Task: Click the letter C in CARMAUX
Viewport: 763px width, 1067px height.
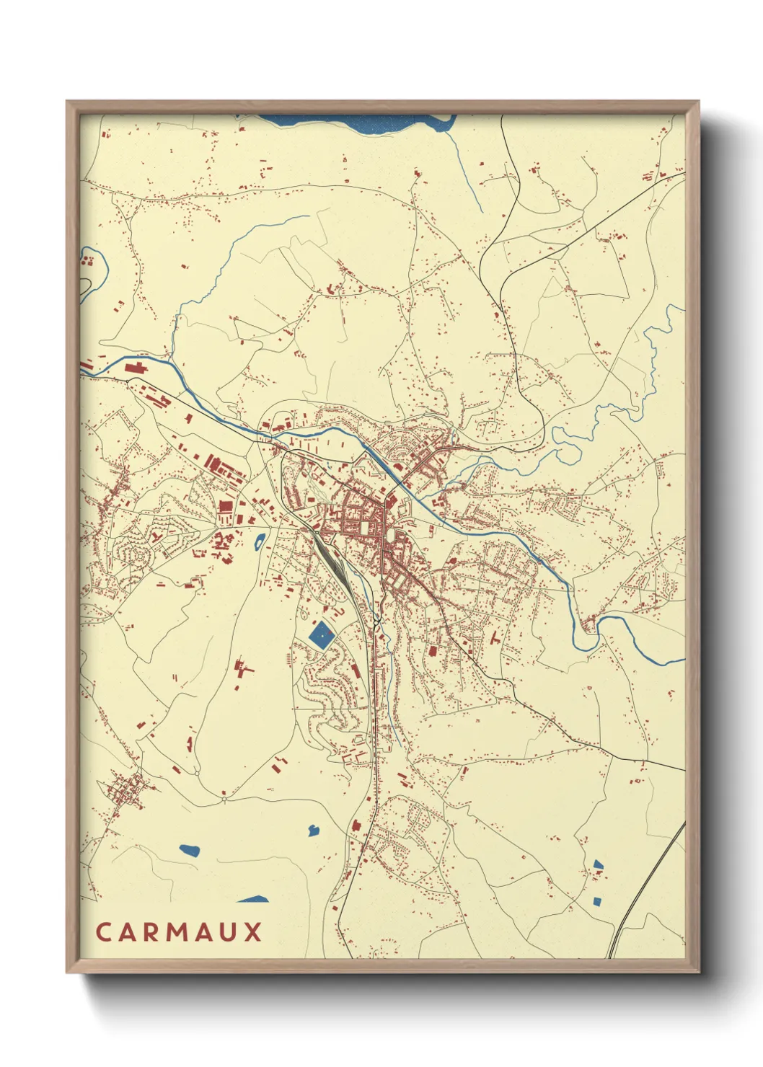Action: tap(102, 931)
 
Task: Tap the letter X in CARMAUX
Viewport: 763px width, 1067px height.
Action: tap(253, 931)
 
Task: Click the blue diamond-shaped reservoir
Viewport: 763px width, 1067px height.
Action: tap(320, 635)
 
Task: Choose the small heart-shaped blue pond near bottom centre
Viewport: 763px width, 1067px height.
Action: tap(313, 830)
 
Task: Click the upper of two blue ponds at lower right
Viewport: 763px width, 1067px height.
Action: tap(598, 864)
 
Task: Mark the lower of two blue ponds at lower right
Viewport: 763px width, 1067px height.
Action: tap(596, 900)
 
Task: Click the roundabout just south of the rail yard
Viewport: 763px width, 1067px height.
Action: tap(377, 619)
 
